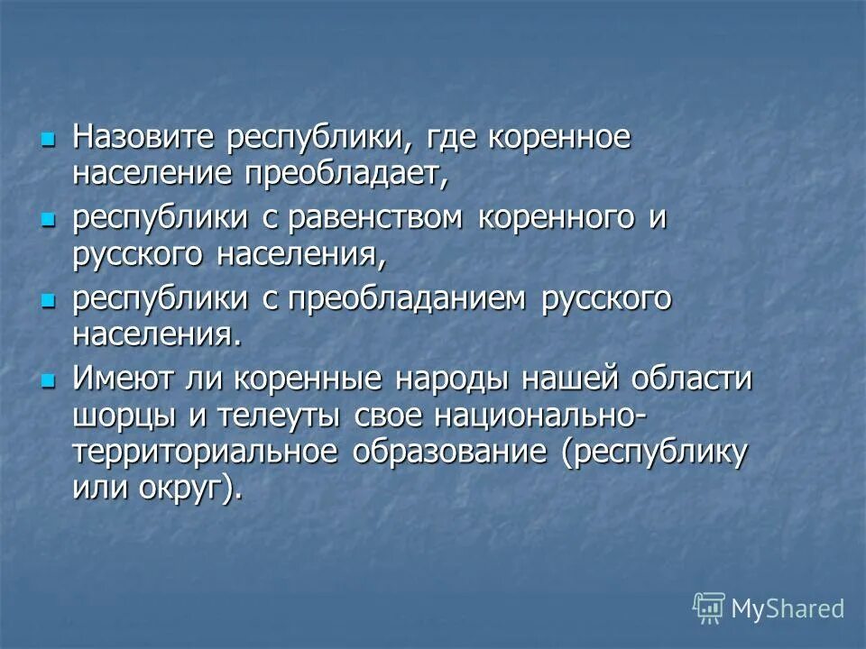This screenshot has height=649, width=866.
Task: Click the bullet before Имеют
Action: coord(49,380)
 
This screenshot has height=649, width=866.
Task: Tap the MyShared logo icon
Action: coord(709,608)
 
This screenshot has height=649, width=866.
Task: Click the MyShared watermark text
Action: coord(788,609)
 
